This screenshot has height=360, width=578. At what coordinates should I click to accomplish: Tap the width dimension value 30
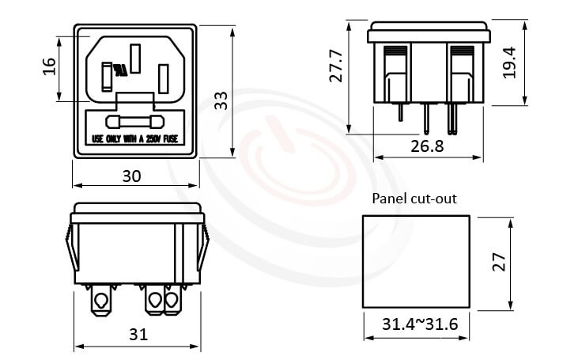[132, 176]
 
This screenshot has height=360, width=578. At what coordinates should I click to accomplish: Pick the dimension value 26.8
[426, 146]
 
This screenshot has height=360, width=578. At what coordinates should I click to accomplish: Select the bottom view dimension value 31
[138, 334]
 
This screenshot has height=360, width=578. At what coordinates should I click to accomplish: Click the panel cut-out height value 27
[497, 262]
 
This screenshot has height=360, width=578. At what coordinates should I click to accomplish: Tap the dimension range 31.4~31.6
[414, 324]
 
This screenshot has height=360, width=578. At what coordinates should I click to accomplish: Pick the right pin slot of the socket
[163, 78]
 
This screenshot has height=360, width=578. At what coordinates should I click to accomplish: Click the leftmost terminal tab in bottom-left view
[101, 301]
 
